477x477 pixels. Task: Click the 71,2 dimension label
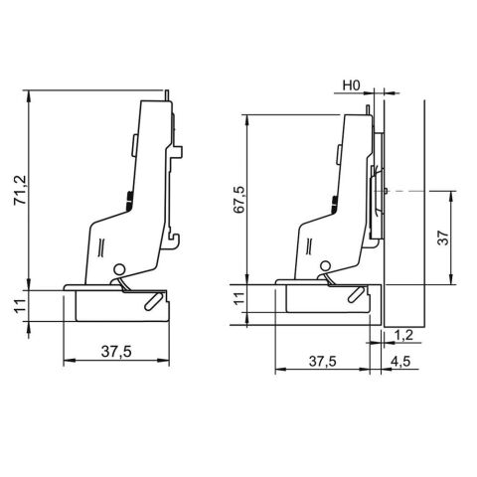coord(22,190)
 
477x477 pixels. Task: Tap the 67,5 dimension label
coord(238,200)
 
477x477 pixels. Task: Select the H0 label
coord(351,85)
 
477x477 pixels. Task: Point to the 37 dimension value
coord(443,238)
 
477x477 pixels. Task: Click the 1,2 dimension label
coord(404,336)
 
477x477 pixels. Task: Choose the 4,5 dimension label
coord(400,362)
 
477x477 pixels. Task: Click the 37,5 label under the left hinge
coord(116,352)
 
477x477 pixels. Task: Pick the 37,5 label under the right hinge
coord(323,362)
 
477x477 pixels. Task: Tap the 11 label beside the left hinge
coord(21,305)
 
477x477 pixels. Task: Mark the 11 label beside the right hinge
coord(239,298)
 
